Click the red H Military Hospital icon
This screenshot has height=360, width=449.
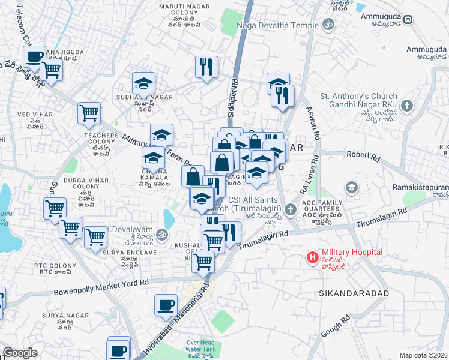tap(312, 258)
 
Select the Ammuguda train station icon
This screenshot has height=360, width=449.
tap(408, 19)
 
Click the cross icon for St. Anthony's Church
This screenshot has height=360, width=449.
tap(407, 107)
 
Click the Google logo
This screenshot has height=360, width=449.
tap(20, 353)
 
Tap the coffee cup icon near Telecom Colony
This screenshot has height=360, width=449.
tap(34, 56)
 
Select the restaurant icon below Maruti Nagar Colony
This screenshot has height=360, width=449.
tap(206, 67)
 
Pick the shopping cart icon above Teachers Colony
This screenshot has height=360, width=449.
tap(89, 112)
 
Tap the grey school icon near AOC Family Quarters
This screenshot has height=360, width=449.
tap(351, 187)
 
